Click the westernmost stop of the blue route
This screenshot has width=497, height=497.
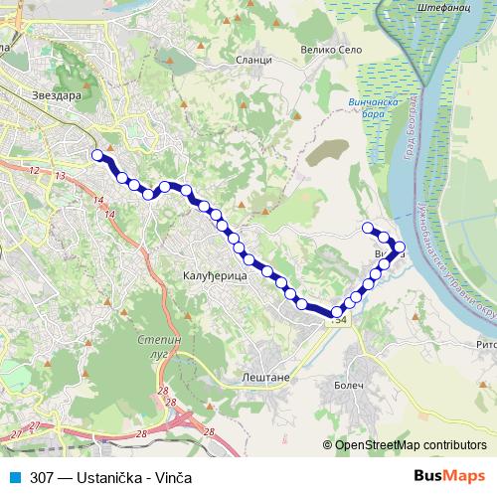click(96, 155)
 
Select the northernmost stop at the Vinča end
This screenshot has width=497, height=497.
click(368, 228)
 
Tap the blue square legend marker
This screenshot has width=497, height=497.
click(13, 477)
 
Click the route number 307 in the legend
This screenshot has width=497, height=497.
click(41, 477)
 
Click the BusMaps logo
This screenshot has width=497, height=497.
click(448, 476)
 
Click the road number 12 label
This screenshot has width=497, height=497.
click(35, 171)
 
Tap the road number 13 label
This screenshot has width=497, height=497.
click(61, 176)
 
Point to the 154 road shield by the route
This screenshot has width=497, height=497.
click(339, 319)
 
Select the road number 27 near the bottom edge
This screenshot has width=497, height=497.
click(34, 426)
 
